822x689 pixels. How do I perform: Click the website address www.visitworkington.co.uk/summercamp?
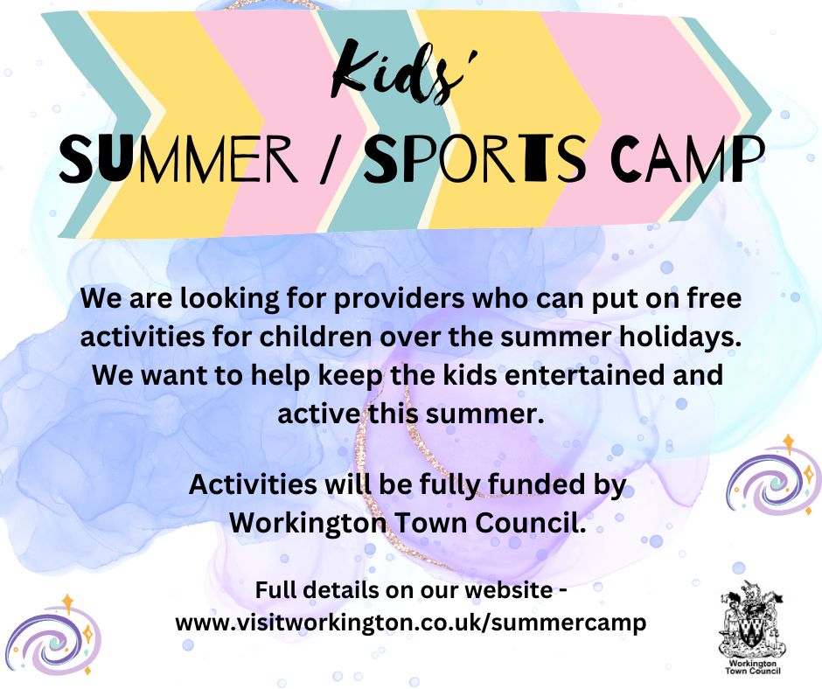[x=411, y=623]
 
